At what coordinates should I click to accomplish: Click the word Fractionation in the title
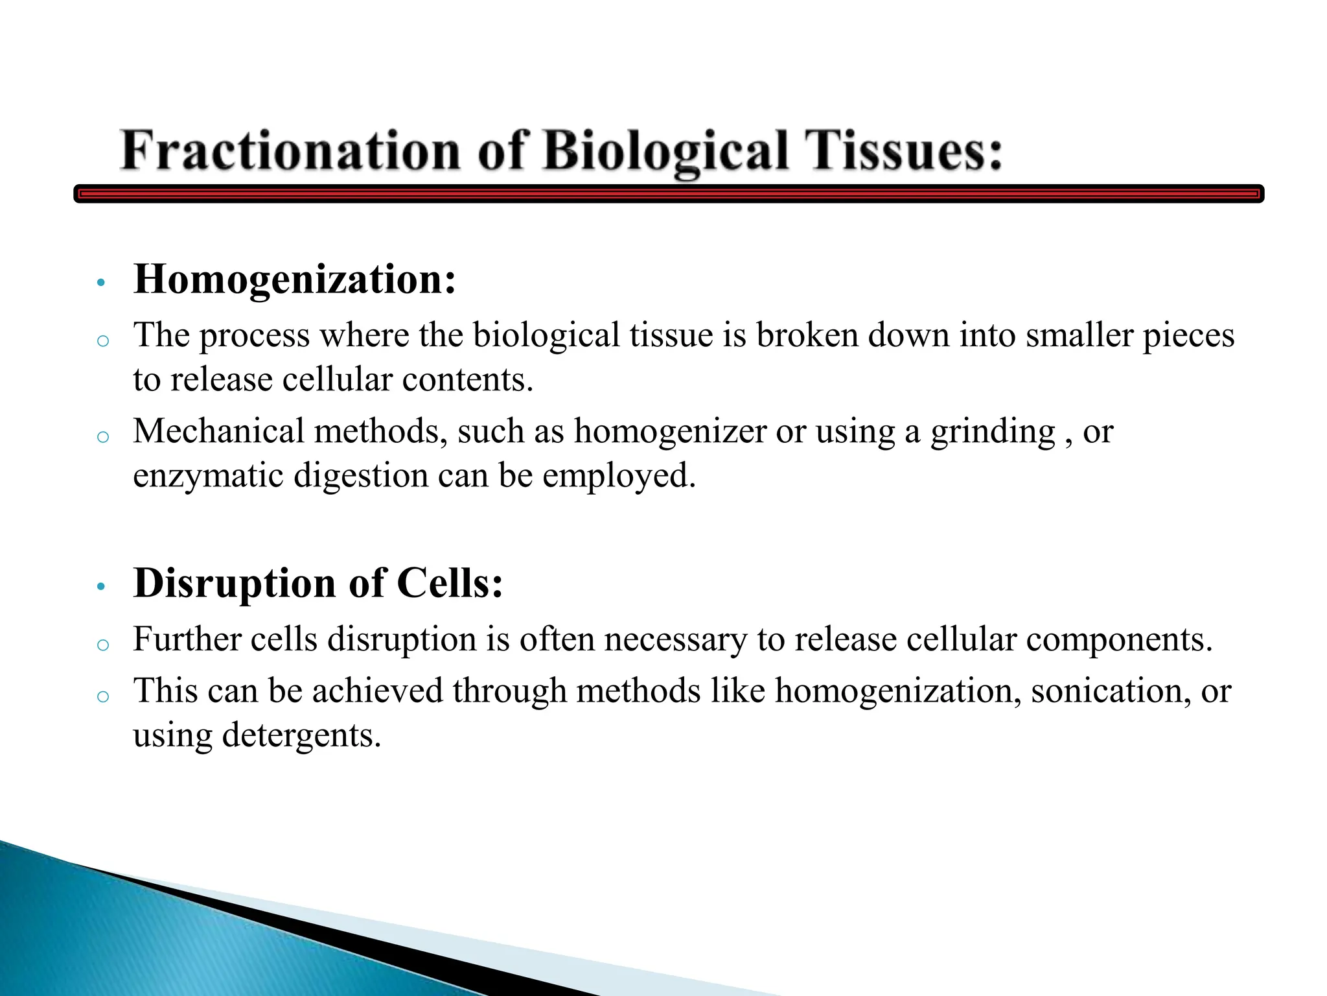290,150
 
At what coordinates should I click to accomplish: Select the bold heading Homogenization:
295,280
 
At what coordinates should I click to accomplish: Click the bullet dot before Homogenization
100,283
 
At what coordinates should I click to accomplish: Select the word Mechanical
218,431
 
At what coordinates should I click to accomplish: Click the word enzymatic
209,477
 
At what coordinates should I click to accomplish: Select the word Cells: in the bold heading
450,583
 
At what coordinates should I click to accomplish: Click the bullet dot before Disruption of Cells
100,587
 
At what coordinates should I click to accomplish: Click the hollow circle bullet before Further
102,645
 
